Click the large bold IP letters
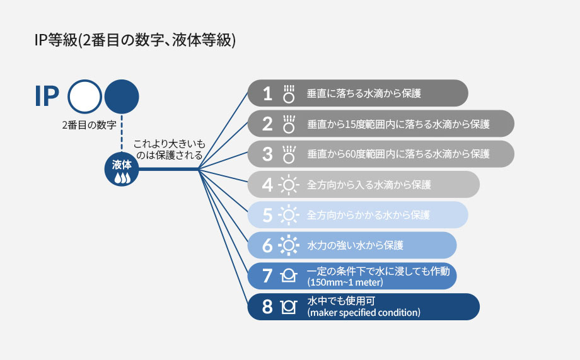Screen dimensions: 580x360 click(47, 96)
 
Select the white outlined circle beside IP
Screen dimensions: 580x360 click(84, 96)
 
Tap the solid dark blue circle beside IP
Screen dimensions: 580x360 click(122, 96)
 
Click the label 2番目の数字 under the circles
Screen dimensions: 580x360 click(89, 125)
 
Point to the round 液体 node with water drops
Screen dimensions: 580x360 click(122, 169)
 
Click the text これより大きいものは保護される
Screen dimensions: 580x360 click(169, 149)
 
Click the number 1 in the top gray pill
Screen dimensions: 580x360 click(267, 93)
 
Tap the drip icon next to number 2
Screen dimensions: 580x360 click(289, 124)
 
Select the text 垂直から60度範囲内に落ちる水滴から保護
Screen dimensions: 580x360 click(398, 154)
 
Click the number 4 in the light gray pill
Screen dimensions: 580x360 click(267, 185)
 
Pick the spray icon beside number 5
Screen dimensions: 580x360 click(289, 215)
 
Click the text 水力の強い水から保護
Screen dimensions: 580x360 click(355, 245)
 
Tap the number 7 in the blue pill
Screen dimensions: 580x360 click(267, 276)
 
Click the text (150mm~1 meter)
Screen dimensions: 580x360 click(345, 282)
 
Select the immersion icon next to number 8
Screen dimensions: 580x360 click(289, 306)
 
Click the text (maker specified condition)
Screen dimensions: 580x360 click(364, 313)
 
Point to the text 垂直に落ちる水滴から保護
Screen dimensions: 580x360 click(364, 93)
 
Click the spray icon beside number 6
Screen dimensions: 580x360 click(289, 245)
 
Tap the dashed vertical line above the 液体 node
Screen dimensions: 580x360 click(122, 133)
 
